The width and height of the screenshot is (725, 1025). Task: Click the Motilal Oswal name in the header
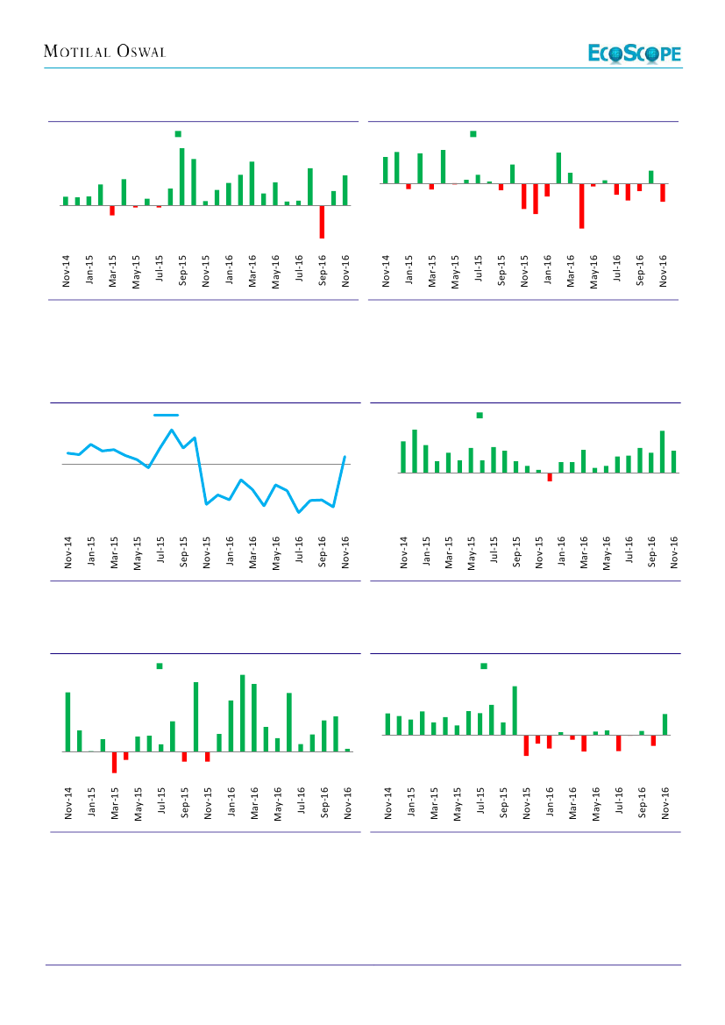(x=105, y=53)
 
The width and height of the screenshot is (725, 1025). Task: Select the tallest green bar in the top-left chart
(x=182, y=176)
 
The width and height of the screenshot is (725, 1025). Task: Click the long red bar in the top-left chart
(x=322, y=222)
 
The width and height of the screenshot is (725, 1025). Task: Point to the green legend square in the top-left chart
(x=178, y=134)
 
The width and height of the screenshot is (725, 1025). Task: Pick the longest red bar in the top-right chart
(x=581, y=206)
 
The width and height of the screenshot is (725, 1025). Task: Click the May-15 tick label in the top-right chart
(x=455, y=272)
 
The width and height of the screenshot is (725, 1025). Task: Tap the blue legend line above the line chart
(x=167, y=415)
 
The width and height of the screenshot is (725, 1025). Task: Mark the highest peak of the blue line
(x=172, y=431)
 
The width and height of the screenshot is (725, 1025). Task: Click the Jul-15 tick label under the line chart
(x=160, y=553)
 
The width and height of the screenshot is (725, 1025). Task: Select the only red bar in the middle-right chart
(x=550, y=477)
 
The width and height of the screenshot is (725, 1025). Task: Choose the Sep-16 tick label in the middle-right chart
(x=652, y=553)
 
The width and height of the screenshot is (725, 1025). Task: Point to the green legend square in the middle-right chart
(x=480, y=415)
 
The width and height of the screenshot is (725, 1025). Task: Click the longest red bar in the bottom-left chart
(x=114, y=762)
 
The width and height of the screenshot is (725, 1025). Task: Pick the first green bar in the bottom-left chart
(x=68, y=722)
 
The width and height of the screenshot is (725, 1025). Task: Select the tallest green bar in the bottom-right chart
(x=515, y=710)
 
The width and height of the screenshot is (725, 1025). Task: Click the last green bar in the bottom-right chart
(x=665, y=724)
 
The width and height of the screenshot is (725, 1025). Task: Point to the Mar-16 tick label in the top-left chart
(x=252, y=272)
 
